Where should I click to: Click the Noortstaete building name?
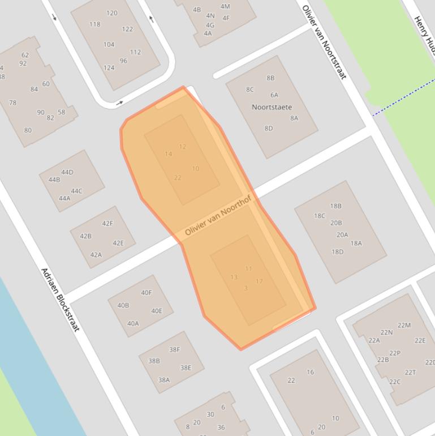click(x=272, y=106)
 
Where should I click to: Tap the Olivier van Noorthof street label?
click(x=218, y=220)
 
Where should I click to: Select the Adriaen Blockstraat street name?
click(x=61, y=299)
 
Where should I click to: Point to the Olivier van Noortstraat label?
click(x=324, y=42)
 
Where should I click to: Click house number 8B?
click(x=270, y=78)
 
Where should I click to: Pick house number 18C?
click(x=320, y=216)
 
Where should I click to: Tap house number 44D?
click(x=67, y=172)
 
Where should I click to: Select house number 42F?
click(x=107, y=224)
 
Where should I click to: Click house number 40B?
click(x=123, y=306)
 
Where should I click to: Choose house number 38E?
click(x=186, y=368)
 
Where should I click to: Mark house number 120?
click(x=111, y=13)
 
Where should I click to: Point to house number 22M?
click(x=404, y=325)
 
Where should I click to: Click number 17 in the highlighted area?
click(x=259, y=281)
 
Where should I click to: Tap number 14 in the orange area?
click(x=168, y=154)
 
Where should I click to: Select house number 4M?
click(x=225, y=7)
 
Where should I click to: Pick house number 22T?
click(x=410, y=373)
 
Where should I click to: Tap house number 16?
click(x=310, y=372)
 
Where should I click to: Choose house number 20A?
click(x=342, y=235)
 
